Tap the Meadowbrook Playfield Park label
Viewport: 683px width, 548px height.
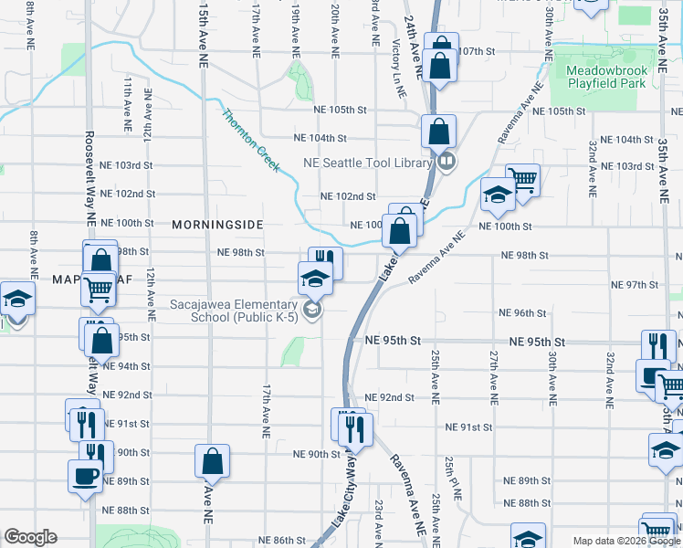(605, 77)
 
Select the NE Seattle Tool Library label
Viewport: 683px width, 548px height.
(367, 163)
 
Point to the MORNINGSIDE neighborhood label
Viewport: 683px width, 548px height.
(217, 224)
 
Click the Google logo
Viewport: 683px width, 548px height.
(30, 537)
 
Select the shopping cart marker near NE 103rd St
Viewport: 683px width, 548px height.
(522, 179)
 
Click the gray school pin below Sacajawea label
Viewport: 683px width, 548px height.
(313, 311)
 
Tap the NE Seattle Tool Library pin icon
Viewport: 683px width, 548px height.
(447, 162)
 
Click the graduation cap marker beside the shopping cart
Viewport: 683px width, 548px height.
(498, 194)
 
